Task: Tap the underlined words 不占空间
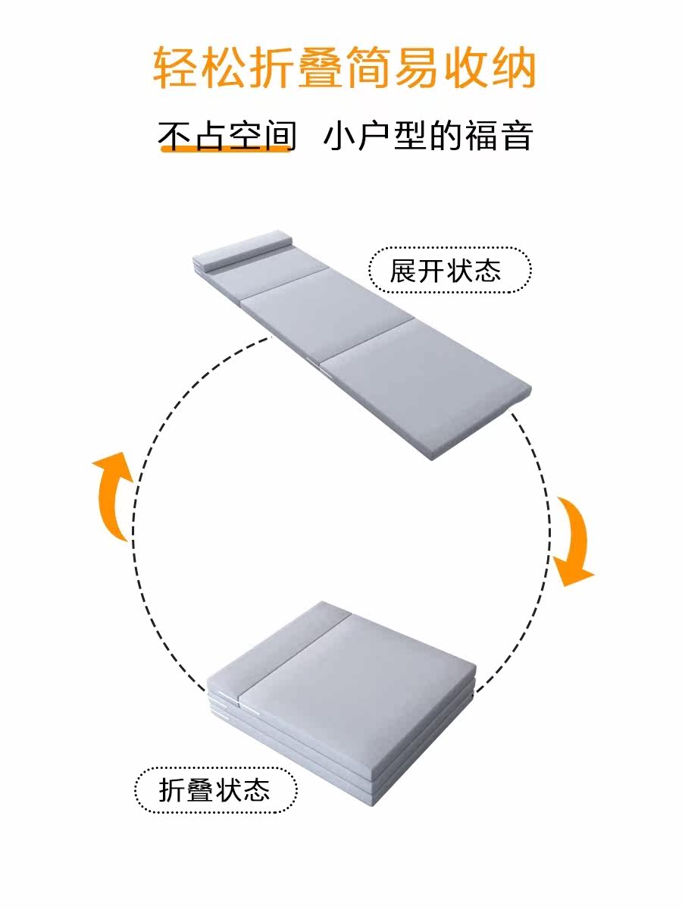pyautogui.click(x=226, y=136)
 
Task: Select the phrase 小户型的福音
pyautogui.click(x=428, y=136)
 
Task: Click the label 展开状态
pyautogui.click(x=449, y=270)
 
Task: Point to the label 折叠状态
pyautogui.click(x=215, y=790)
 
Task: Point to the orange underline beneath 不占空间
pyautogui.click(x=226, y=150)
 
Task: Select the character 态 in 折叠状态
pyautogui.click(x=258, y=790)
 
